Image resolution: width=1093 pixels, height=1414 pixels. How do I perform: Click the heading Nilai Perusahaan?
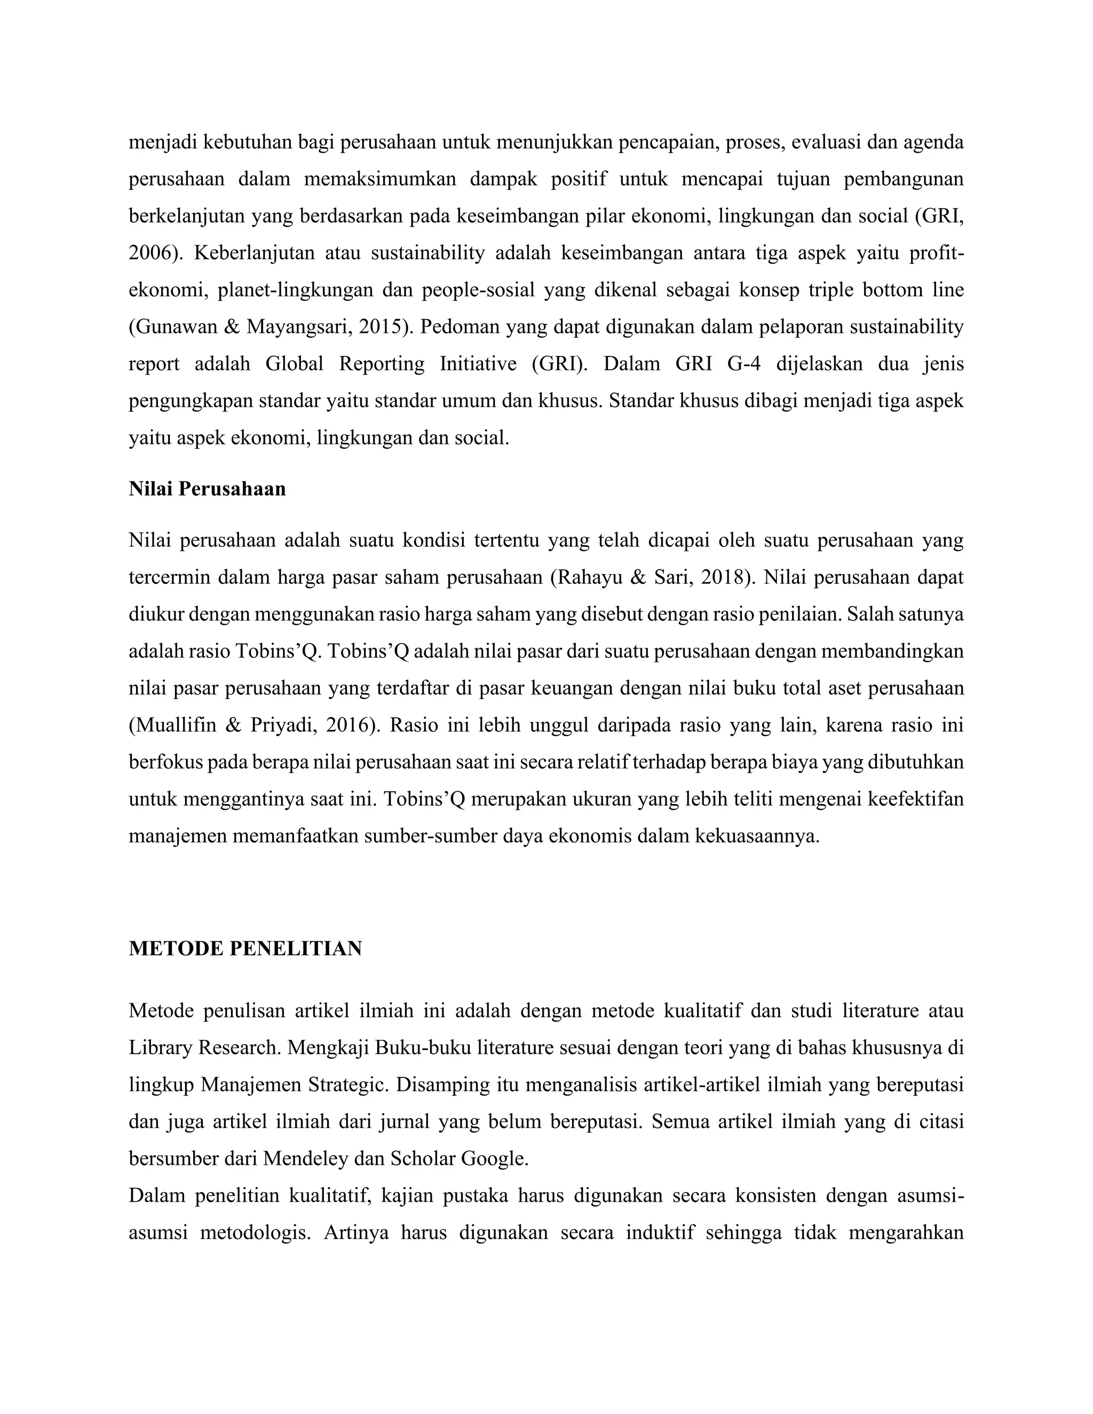tap(207, 489)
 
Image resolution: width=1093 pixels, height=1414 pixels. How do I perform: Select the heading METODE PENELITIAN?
tap(245, 949)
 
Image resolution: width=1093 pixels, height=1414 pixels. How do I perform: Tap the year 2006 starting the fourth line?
tap(152, 253)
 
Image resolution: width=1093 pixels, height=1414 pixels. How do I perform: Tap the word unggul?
tap(558, 725)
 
